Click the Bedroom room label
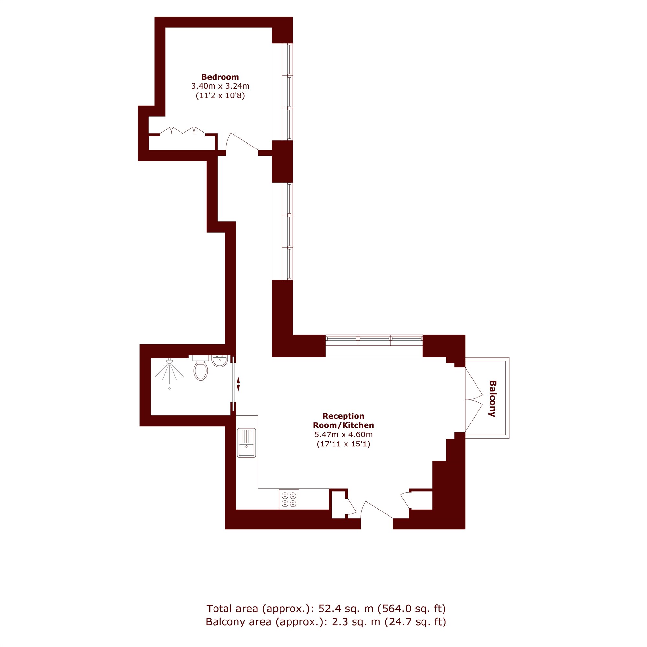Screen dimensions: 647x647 pos(220,77)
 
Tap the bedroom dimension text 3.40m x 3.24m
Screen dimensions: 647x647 pos(220,86)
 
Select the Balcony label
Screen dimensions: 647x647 pos(492,399)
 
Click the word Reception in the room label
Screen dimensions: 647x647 pos(343,416)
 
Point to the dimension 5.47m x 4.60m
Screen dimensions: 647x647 pos(343,435)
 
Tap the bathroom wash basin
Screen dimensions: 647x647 pos(219,361)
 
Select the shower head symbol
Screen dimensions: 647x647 pos(170,361)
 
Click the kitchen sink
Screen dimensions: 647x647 pos(246,443)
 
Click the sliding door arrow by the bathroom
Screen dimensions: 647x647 pos(238,384)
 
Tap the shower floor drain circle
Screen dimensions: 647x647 pos(170,389)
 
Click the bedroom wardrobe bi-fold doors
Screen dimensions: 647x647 pos(183,131)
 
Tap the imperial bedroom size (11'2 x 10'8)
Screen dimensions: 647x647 pos(220,96)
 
